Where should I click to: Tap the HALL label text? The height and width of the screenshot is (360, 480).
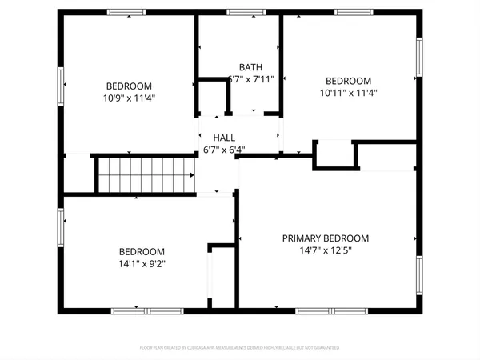224,138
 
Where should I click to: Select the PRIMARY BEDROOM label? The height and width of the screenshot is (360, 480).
325,238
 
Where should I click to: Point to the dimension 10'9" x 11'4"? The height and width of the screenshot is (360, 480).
129,98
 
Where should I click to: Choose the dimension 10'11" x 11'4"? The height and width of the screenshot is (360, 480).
348,93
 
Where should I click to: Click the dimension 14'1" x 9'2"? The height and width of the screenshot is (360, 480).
142,262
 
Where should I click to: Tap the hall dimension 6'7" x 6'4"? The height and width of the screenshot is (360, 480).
224,149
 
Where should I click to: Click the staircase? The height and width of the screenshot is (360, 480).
146,174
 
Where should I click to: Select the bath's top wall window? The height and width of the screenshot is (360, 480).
246,12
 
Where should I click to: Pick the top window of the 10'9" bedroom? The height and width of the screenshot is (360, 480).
127,12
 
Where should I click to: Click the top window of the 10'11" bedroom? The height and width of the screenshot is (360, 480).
354,12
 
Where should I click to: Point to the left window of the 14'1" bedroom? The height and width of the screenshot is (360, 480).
60,229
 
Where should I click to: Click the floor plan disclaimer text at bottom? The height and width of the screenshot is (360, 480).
240,348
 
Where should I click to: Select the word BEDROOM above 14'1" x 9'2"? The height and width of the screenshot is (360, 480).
142,250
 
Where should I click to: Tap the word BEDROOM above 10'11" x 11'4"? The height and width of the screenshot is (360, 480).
348,81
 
